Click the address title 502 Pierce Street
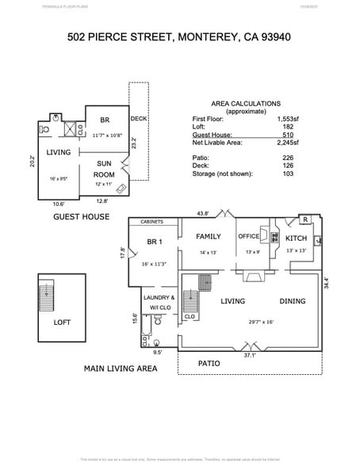[x=179, y=36]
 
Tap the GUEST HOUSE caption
[x=80, y=216]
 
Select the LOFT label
[x=62, y=323]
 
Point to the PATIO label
[x=209, y=363]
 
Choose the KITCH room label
[x=296, y=238]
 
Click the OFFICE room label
[x=249, y=236]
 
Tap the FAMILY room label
[x=209, y=236]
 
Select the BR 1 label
[x=155, y=242]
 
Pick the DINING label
[x=292, y=301]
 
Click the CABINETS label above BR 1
[x=152, y=223]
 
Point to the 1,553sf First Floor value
[x=286, y=118]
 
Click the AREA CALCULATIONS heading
[x=245, y=104]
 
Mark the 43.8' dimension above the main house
[x=202, y=213]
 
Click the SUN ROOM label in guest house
[x=104, y=168]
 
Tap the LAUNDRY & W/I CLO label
[x=157, y=303]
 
